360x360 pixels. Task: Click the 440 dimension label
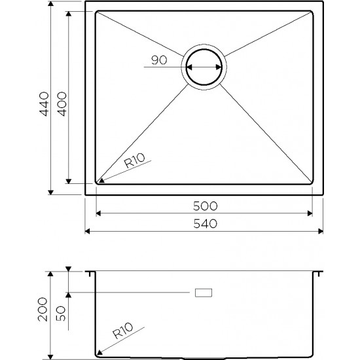pyautogui.click(x=44, y=104)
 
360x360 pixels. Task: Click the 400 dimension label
pyautogui.click(x=62, y=104)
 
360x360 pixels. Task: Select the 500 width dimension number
pyautogui.click(x=205, y=206)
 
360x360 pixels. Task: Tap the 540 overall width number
pyautogui.click(x=205, y=224)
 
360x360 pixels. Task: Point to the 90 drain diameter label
pyautogui.click(x=159, y=60)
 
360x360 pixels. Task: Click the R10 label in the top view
pyautogui.click(x=135, y=160)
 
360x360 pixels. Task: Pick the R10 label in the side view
pyautogui.click(x=123, y=331)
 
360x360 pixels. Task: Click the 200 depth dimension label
pyautogui.click(x=43, y=310)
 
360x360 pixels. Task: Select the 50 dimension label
pyautogui.click(x=61, y=314)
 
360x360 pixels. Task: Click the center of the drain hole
pyautogui.click(x=204, y=67)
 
